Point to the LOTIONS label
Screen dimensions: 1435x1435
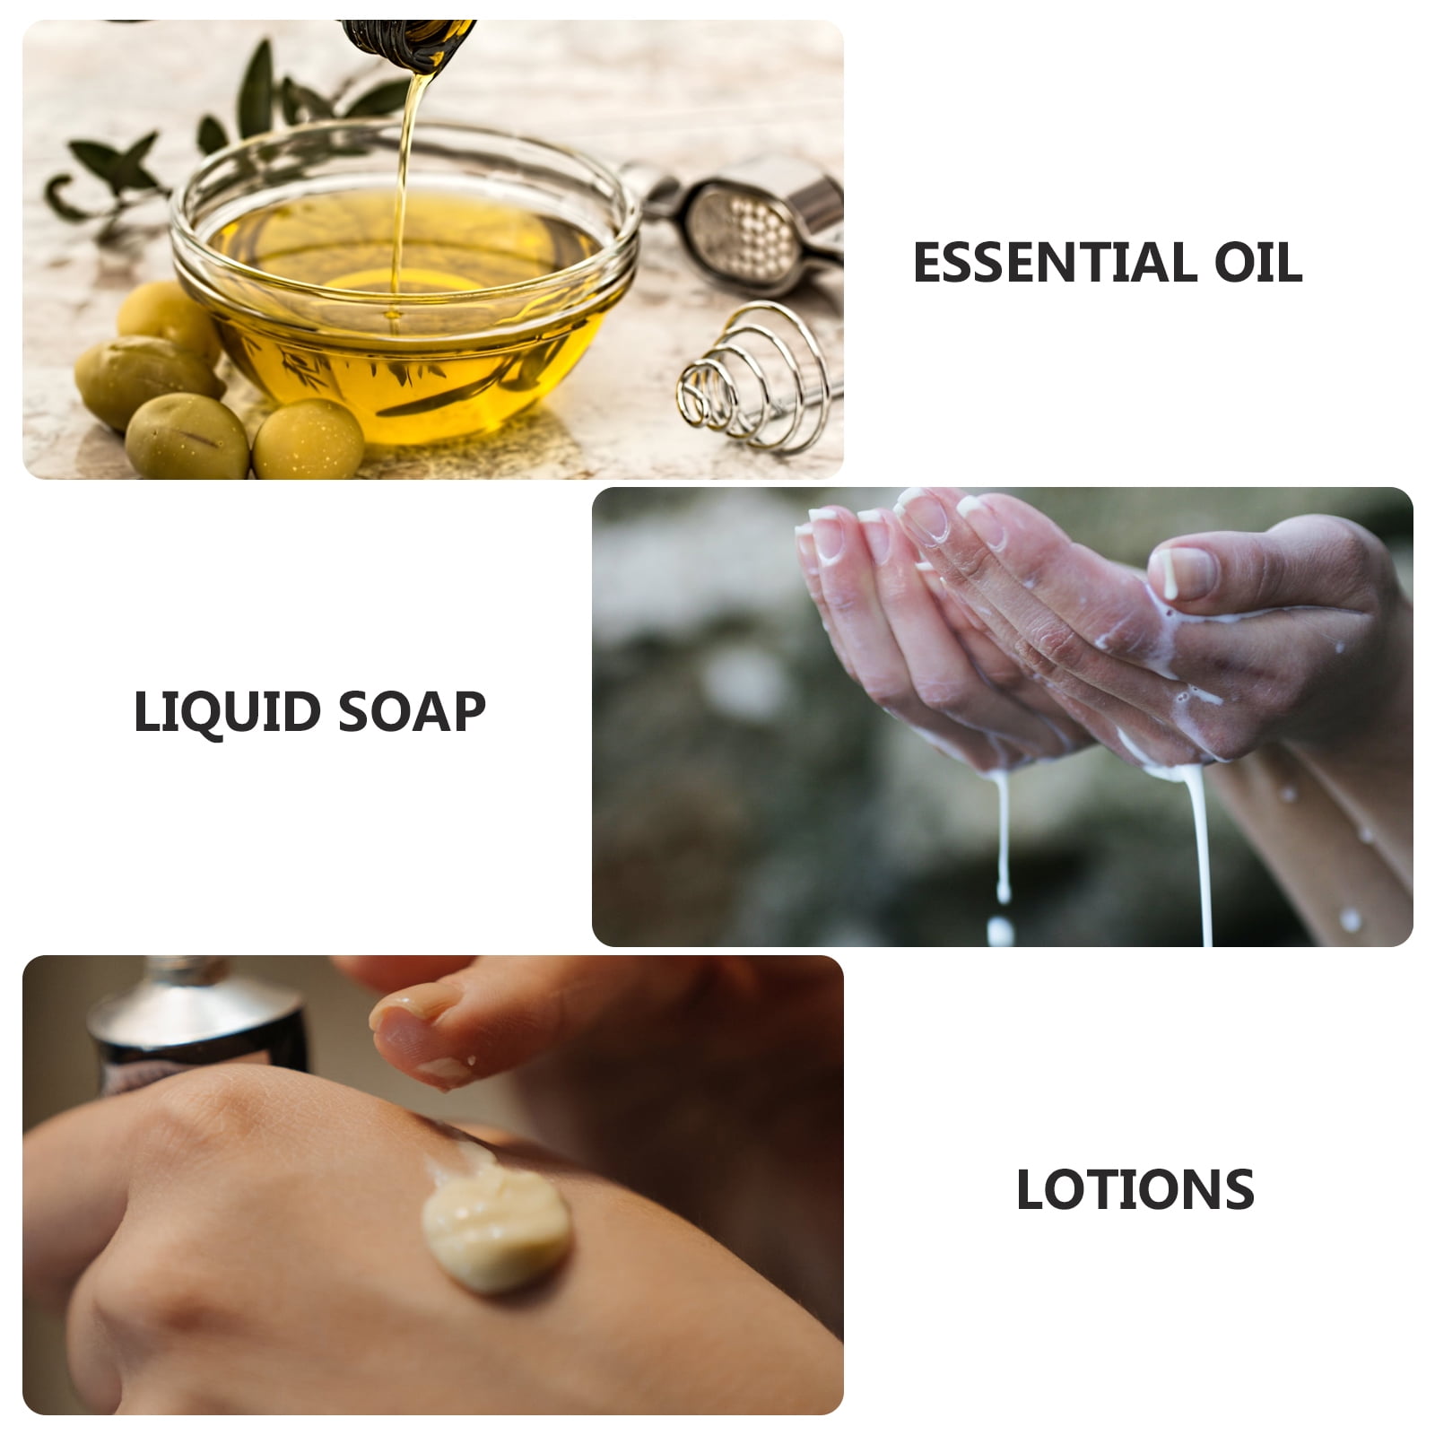(1135, 1190)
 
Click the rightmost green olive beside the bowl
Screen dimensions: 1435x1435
(308, 439)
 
